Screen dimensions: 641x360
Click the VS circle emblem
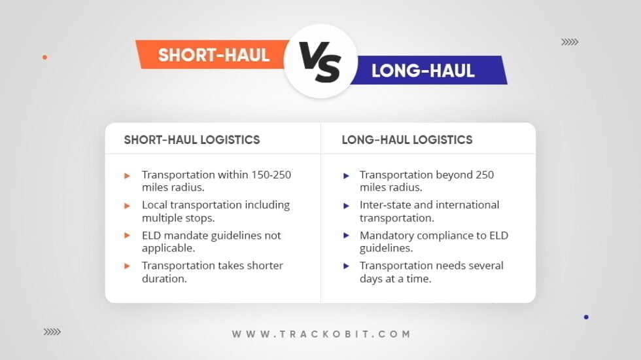pyautogui.click(x=320, y=61)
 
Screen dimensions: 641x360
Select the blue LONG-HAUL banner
pyautogui.click(x=429, y=71)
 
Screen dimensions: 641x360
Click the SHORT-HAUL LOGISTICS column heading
pyautogui.click(x=192, y=140)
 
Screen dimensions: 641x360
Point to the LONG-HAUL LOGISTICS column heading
pyautogui.click(x=407, y=140)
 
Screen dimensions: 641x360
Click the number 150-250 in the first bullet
pyautogui.click(x=271, y=175)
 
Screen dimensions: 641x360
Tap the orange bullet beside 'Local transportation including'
pyautogui.click(x=127, y=206)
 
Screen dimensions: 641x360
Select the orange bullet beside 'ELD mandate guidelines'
pyautogui.click(x=127, y=236)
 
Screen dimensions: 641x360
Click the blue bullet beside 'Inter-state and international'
pyautogui.click(x=346, y=206)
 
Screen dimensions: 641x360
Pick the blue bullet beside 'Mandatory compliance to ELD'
pyautogui.click(x=346, y=236)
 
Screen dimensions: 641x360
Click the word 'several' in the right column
pyautogui.click(x=486, y=266)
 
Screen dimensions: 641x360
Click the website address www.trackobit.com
pyautogui.click(x=321, y=334)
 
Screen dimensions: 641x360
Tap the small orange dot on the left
pyautogui.click(x=45, y=58)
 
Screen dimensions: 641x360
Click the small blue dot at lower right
pyautogui.click(x=586, y=317)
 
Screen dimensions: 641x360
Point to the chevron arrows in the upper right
pyautogui.click(x=570, y=42)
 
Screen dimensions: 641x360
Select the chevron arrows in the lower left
pyautogui.click(x=52, y=332)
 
